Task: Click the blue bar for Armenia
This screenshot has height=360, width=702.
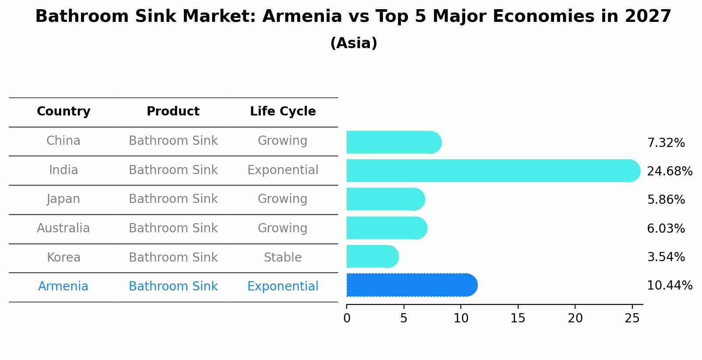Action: tap(411, 285)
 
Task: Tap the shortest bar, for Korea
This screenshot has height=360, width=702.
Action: tap(372, 256)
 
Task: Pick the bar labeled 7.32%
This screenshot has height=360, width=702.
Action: tap(393, 142)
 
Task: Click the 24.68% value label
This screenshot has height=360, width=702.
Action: tap(669, 171)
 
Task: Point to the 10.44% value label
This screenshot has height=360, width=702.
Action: tap(669, 286)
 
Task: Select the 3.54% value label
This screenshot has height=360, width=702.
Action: tap(666, 257)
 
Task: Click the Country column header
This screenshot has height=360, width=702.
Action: tap(63, 112)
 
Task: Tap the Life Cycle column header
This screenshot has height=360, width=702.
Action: tap(283, 112)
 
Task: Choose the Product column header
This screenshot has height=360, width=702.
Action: tap(173, 112)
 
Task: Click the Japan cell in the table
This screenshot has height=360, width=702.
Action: tap(63, 199)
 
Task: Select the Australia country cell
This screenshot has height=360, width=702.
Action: tap(63, 228)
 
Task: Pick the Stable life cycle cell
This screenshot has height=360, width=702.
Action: tap(283, 258)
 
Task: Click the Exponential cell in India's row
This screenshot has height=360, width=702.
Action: tap(283, 170)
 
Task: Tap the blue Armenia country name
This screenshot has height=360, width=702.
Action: tap(63, 287)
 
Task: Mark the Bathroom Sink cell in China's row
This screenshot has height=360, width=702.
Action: tap(173, 141)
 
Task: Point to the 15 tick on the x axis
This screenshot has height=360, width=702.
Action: tap(518, 318)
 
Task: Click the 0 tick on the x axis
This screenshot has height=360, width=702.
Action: tap(347, 318)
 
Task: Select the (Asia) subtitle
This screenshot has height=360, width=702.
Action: tap(354, 43)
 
